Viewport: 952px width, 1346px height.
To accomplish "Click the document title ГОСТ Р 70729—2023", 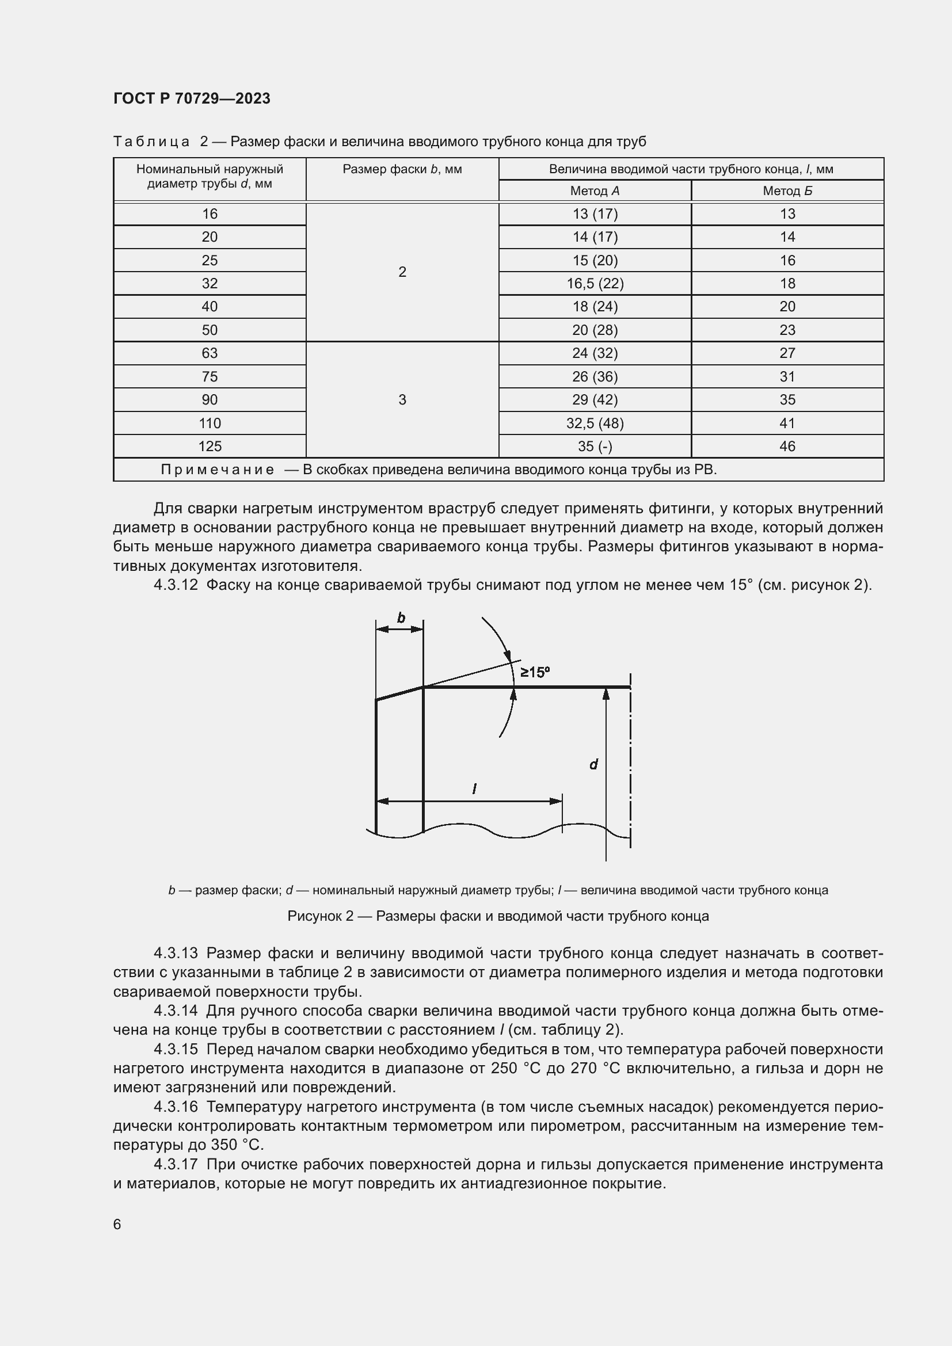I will pyautogui.click(x=192, y=98).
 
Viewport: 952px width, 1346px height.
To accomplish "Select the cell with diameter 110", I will pyautogui.click(x=210, y=424).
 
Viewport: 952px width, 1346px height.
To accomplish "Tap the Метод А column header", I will pyautogui.click(x=595, y=191).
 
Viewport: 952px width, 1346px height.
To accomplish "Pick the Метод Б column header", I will pyautogui.click(x=787, y=191).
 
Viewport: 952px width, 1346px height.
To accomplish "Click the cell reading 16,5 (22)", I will pyautogui.click(x=595, y=284).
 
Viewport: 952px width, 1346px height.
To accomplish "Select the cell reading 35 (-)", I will pyautogui.click(x=595, y=447).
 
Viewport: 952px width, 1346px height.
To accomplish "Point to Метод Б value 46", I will pyautogui.click(x=787, y=447).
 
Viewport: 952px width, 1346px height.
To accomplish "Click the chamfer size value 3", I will pyautogui.click(x=402, y=400).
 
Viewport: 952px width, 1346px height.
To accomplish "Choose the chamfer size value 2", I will pyautogui.click(x=402, y=272).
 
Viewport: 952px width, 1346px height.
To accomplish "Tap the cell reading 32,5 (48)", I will pyautogui.click(x=595, y=424).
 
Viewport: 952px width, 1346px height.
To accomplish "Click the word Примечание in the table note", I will pyautogui.click(x=218, y=470).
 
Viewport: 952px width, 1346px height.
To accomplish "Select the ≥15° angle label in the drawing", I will pyautogui.click(x=535, y=672).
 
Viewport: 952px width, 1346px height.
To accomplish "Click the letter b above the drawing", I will pyautogui.click(x=401, y=618).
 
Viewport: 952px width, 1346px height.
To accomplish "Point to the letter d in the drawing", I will pyautogui.click(x=593, y=764).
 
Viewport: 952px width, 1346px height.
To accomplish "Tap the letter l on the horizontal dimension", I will pyautogui.click(x=474, y=789).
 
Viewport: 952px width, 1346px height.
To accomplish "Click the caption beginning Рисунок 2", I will pyautogui.click(x=498, y=916).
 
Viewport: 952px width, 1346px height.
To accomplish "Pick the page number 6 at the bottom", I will pyautogui.click(x=117, y=1225).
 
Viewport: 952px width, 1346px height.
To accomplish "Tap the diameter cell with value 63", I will pyautogui.click(x=210, y=353).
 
